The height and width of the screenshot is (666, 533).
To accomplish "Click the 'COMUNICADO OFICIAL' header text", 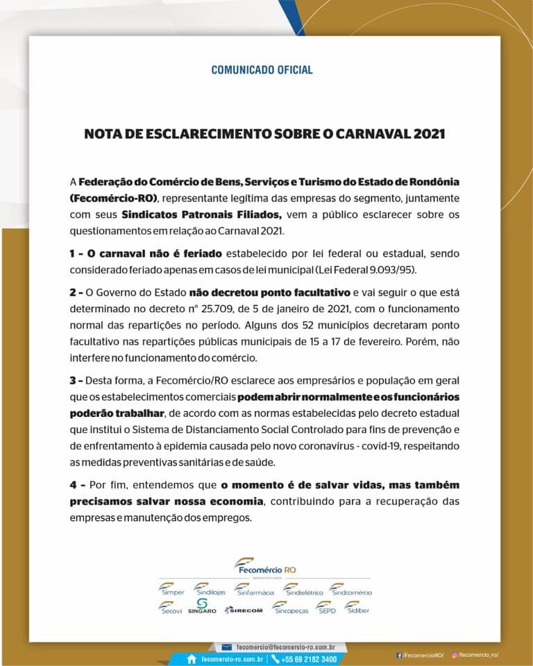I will tap(262, 70).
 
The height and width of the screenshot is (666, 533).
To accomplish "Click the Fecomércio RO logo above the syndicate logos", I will tap(265, 565).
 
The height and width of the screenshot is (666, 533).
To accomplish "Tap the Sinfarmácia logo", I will tap(254, 590).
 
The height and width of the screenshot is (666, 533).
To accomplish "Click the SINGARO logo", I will tap(202, 607).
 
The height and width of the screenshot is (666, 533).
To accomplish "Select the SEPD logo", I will tap(325, 608).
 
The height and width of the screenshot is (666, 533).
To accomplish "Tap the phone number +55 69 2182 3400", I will tap(309, 659).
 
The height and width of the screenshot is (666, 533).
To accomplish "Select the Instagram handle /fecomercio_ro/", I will tap(478, 655).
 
